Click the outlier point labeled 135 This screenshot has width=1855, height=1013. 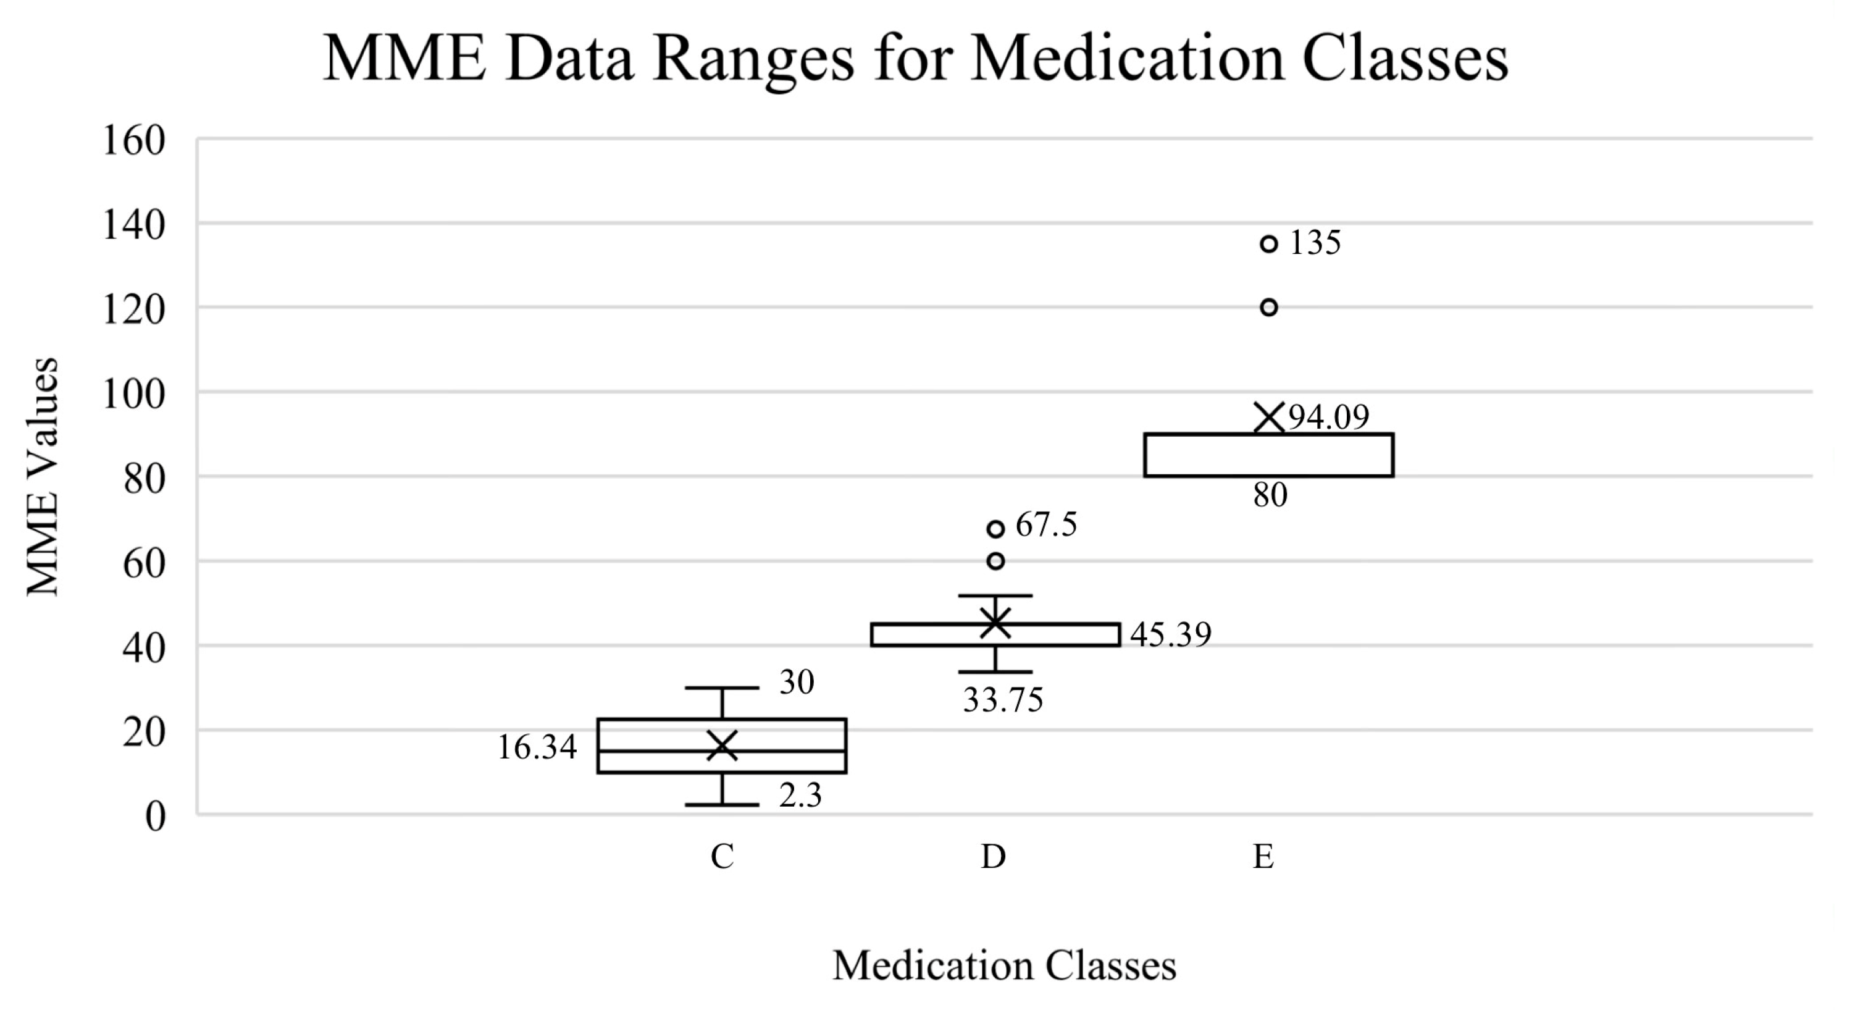[1269, 243]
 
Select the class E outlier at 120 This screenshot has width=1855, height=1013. [1269, 308]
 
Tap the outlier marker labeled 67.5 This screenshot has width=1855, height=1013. [995, 529]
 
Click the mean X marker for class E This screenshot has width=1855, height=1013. [1269, 417]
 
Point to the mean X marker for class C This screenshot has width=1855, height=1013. [722, 746]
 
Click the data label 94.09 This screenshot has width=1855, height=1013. [1329, 417]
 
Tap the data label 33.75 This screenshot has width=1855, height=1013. [1003, 700]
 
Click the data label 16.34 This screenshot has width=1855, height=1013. [537, 748]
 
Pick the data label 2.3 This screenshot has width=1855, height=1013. [800, 796]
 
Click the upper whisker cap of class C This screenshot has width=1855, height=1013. [722, 688]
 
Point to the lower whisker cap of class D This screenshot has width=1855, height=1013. [995, 672]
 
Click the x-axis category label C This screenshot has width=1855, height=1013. [722, 857]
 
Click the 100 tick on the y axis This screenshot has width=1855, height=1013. [135, 395]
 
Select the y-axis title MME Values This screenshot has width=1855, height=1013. [43, 477]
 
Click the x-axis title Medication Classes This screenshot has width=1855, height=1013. [1004, 965]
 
